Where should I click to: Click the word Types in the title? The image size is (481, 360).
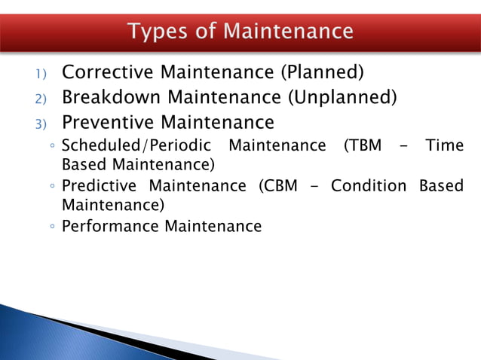(156, 32)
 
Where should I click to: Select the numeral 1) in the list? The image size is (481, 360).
(40, 75)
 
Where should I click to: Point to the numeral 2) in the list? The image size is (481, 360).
(40, 99)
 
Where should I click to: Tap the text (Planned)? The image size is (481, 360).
(322, 72)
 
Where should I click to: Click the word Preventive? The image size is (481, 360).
(110, 122)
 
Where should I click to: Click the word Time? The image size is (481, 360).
(445, 145)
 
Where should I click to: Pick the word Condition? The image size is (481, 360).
(369, 185)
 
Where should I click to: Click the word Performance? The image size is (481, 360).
(110, 226)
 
